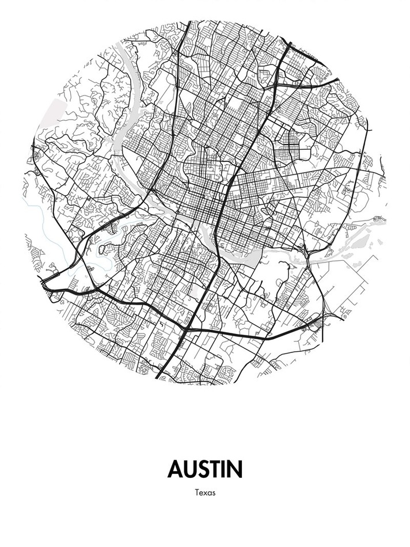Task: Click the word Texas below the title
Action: point(205,493)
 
